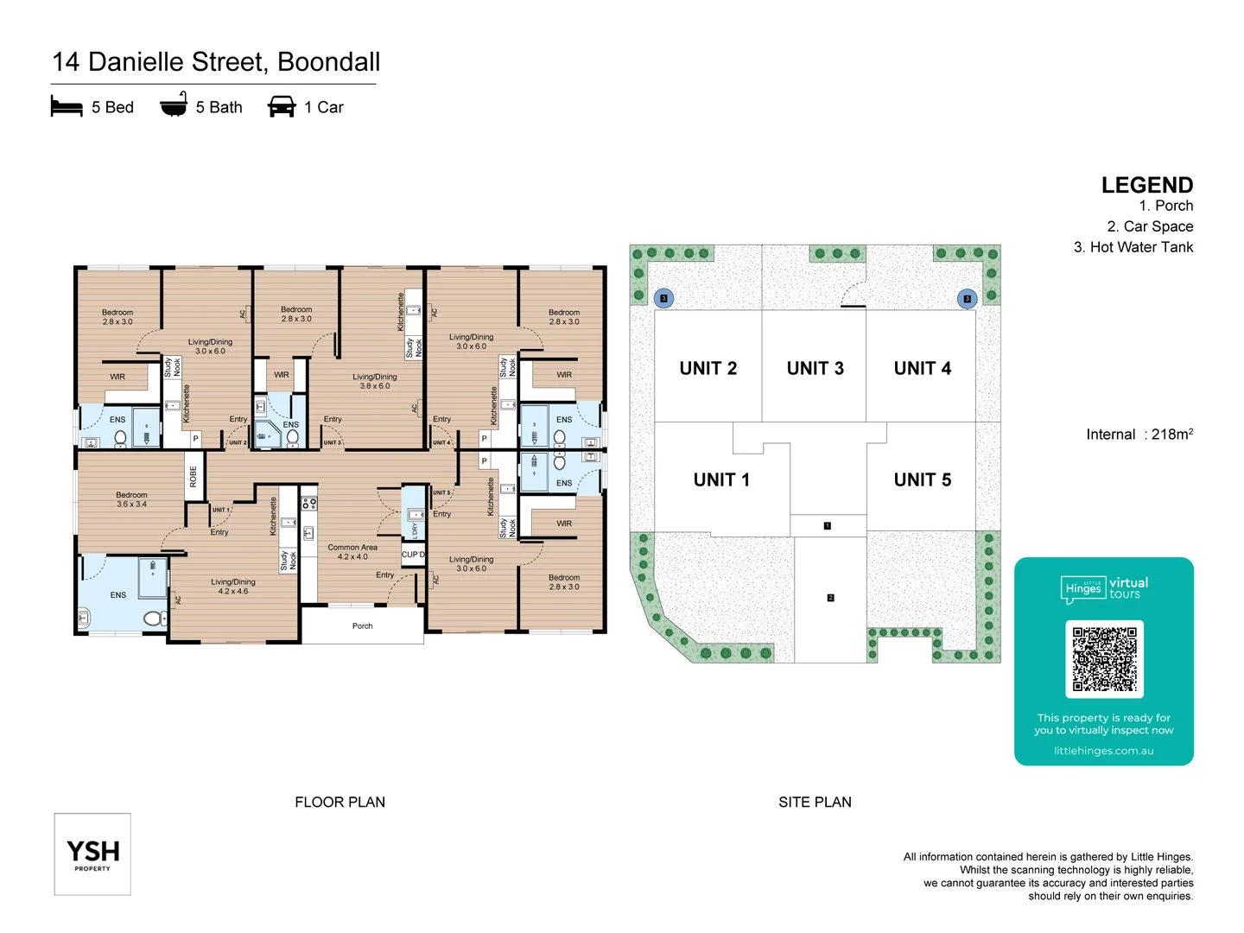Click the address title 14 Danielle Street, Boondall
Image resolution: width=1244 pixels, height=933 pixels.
click(216, 62)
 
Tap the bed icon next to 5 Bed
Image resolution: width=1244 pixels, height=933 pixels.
click(67, 107)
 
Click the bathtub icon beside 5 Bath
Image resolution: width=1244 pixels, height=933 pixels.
click(174, 105)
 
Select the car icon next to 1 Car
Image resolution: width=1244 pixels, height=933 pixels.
click(282, 107)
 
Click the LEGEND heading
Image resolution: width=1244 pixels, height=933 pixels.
click(1146, 185)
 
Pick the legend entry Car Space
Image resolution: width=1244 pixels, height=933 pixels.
click(1149, 226)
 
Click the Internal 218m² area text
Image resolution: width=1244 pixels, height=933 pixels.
click(1139, 435)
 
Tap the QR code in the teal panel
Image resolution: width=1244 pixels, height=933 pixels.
click(1104, 659)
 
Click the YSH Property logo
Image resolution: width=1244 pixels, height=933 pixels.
click(92, 854)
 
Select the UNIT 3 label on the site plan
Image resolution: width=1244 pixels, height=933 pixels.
click(815, 369)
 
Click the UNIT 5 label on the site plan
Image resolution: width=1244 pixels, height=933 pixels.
click(922, 480)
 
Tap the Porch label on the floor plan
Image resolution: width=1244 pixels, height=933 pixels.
click(363, 626)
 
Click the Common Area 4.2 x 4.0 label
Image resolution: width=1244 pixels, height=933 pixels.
click(352, 552)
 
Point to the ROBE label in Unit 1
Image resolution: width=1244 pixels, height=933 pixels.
click(194, 477)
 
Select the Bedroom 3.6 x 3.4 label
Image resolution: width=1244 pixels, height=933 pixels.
click(131, 499)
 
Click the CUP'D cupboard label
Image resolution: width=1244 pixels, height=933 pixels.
click(413, 555)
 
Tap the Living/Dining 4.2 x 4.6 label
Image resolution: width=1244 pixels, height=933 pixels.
click(233, 587)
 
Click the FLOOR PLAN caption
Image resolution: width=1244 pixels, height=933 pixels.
click(340, 803)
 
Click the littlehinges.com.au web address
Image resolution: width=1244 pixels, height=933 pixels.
click(1103, 751)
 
